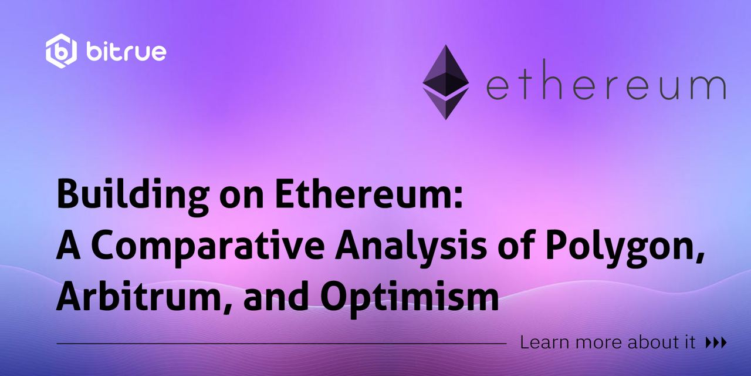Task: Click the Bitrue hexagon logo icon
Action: coord(61,51)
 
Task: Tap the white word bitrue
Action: coord(126,52)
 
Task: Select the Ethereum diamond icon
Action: coord(445,82)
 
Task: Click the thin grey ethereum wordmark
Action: coord(606,80)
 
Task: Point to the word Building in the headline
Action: coord(133,196)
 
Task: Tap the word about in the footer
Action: coord(649,343)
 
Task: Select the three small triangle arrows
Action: coord(716,343)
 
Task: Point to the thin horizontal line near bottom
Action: coord(281,344)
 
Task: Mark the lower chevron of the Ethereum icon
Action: coord(445,103)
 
